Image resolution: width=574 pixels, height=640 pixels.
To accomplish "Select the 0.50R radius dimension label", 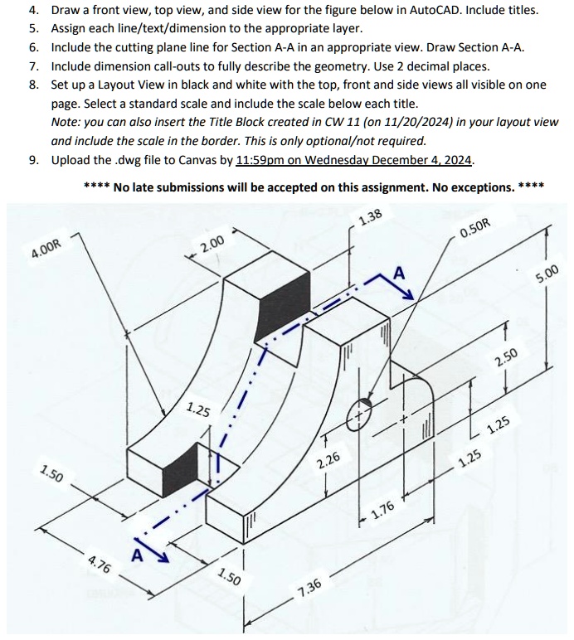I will coord(474,229).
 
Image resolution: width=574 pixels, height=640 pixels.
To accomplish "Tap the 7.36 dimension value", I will coord(309,589).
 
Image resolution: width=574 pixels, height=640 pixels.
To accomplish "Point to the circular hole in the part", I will coord(361,410).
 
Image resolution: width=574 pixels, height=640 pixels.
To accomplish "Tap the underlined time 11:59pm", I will coord(263,160).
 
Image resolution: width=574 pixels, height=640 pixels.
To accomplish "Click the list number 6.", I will coord(33,48).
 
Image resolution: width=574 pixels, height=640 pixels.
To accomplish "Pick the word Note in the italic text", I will coord(65,122).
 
